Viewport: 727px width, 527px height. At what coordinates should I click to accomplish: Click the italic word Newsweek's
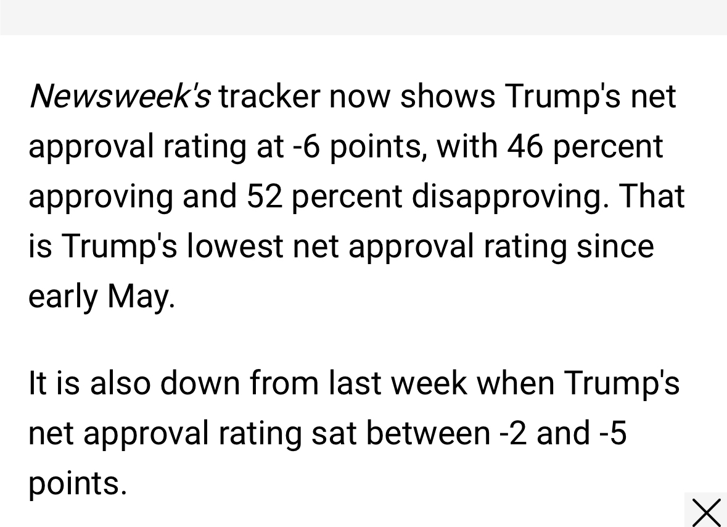click(x=120, y=96)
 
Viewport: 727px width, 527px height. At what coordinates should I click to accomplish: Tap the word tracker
click(x=269, y=96)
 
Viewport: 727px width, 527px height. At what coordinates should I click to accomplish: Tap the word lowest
click(x=235, y=246)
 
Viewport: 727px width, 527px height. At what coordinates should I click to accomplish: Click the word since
click(x=615, y=246)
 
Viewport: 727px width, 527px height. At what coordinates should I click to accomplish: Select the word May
click(x=141, y=297)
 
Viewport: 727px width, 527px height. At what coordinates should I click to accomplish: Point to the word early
click(x=63, y=297)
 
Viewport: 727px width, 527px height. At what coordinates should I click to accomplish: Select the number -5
click(x=613, y=433)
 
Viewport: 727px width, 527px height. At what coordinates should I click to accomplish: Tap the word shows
click(x=448, y=96)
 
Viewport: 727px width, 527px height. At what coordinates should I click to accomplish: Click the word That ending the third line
click(x=652, y=196)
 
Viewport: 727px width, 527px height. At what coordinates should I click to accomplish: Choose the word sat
click(x=334, y=433)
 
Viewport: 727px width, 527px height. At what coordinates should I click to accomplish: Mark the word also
click(x=120, y=383)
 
